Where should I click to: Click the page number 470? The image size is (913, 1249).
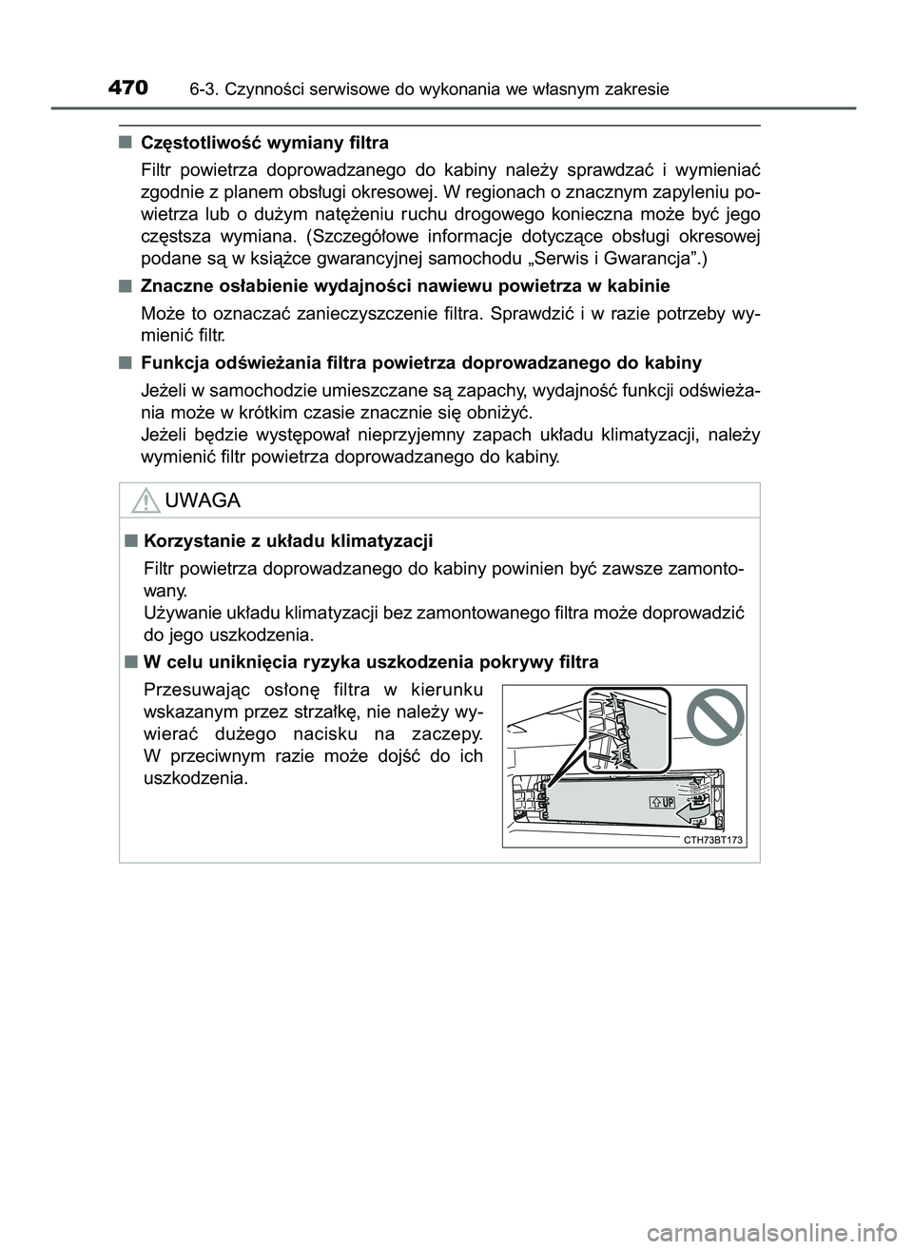point(127,88)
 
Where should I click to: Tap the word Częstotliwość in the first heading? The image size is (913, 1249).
point(196,144)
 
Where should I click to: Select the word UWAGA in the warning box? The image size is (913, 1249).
point(202,500)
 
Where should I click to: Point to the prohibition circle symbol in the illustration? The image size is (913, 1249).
point(714,716)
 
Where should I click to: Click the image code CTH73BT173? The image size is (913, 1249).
point(713,840)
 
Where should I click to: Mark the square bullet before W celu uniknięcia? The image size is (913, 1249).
point(128,661)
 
